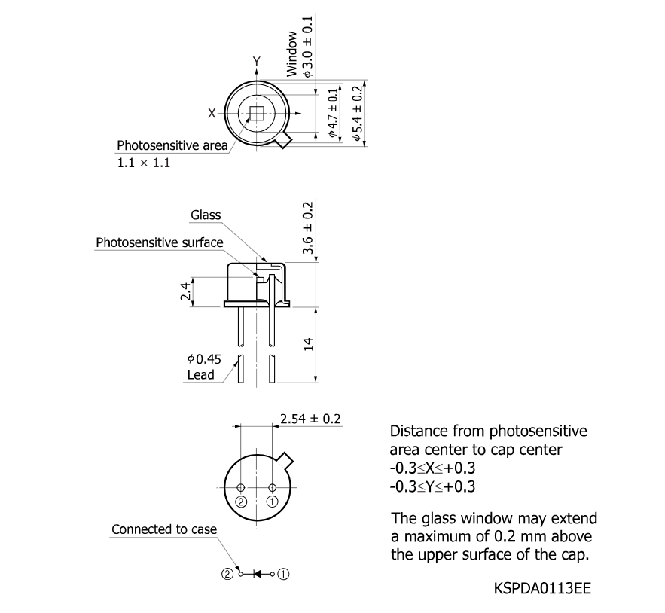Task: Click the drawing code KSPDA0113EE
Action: click(542, 588)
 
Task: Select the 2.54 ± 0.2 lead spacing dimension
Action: click(310, 419)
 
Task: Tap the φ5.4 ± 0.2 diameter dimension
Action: click(358, 113)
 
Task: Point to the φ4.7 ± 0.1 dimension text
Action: click(333, 113)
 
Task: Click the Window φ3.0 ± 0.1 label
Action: click(300, 47)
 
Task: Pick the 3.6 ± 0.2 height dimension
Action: click(307, 228)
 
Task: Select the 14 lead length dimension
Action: click(309, 344)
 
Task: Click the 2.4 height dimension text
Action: click(185, 291)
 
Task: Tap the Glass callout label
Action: click(206, 215)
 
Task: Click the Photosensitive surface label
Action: click(160, 242)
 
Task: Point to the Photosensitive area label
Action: click(172, 145)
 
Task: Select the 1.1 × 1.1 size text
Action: click(143, 163)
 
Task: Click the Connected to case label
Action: click(164, 529)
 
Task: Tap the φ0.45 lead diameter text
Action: click(204, 359)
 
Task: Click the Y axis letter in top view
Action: click(257, 62)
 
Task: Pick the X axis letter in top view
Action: click(212, 113)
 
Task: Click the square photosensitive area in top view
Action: click(256, 113)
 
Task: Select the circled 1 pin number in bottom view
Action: click(272, 502)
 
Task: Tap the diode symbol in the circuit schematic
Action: click(257, 575)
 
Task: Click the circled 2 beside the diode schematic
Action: click(227, 575)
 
